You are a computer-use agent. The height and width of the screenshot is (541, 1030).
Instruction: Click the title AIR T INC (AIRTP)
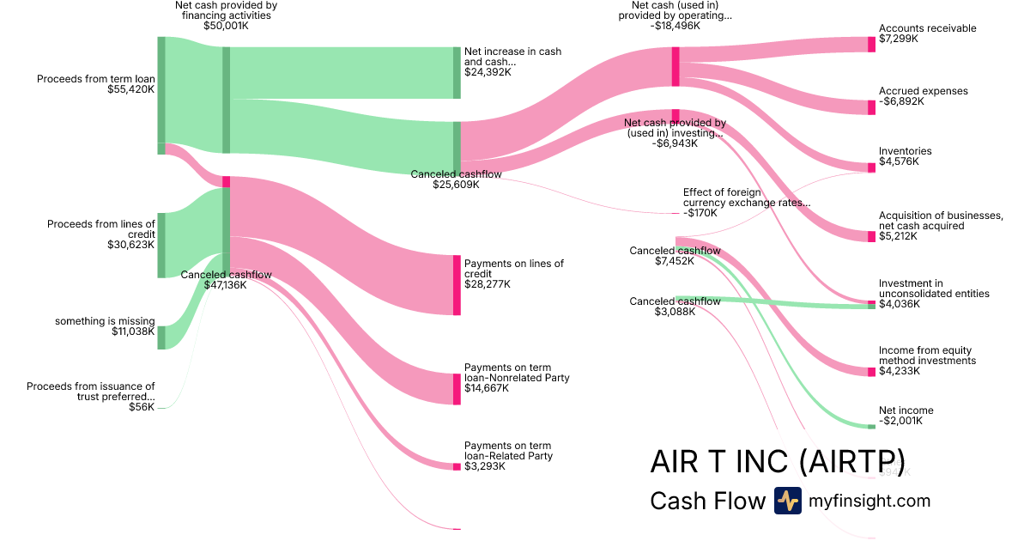777,461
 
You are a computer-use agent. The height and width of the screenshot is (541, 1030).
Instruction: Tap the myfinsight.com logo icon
787,501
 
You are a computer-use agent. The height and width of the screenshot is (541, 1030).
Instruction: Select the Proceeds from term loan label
95,79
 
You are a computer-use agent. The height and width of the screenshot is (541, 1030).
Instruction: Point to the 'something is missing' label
105,321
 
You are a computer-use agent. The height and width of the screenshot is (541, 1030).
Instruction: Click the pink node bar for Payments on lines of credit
457,285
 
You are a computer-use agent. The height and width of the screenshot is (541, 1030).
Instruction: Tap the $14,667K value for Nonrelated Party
486,388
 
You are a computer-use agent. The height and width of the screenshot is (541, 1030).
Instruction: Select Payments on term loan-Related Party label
508,451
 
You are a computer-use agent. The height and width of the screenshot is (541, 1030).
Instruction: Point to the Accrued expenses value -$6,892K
901,101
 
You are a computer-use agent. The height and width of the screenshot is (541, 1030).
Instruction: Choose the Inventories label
905,151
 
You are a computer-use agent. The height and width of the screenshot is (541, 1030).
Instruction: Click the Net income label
906,410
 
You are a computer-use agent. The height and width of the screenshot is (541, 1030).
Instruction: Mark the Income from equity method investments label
927,356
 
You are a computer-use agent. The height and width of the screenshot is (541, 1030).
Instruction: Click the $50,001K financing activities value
226,26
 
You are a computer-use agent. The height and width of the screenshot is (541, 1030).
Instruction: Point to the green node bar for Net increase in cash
457,73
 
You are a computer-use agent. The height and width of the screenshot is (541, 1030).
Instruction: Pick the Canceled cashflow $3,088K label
675,301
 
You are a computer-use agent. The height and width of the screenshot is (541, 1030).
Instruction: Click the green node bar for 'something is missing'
161,337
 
